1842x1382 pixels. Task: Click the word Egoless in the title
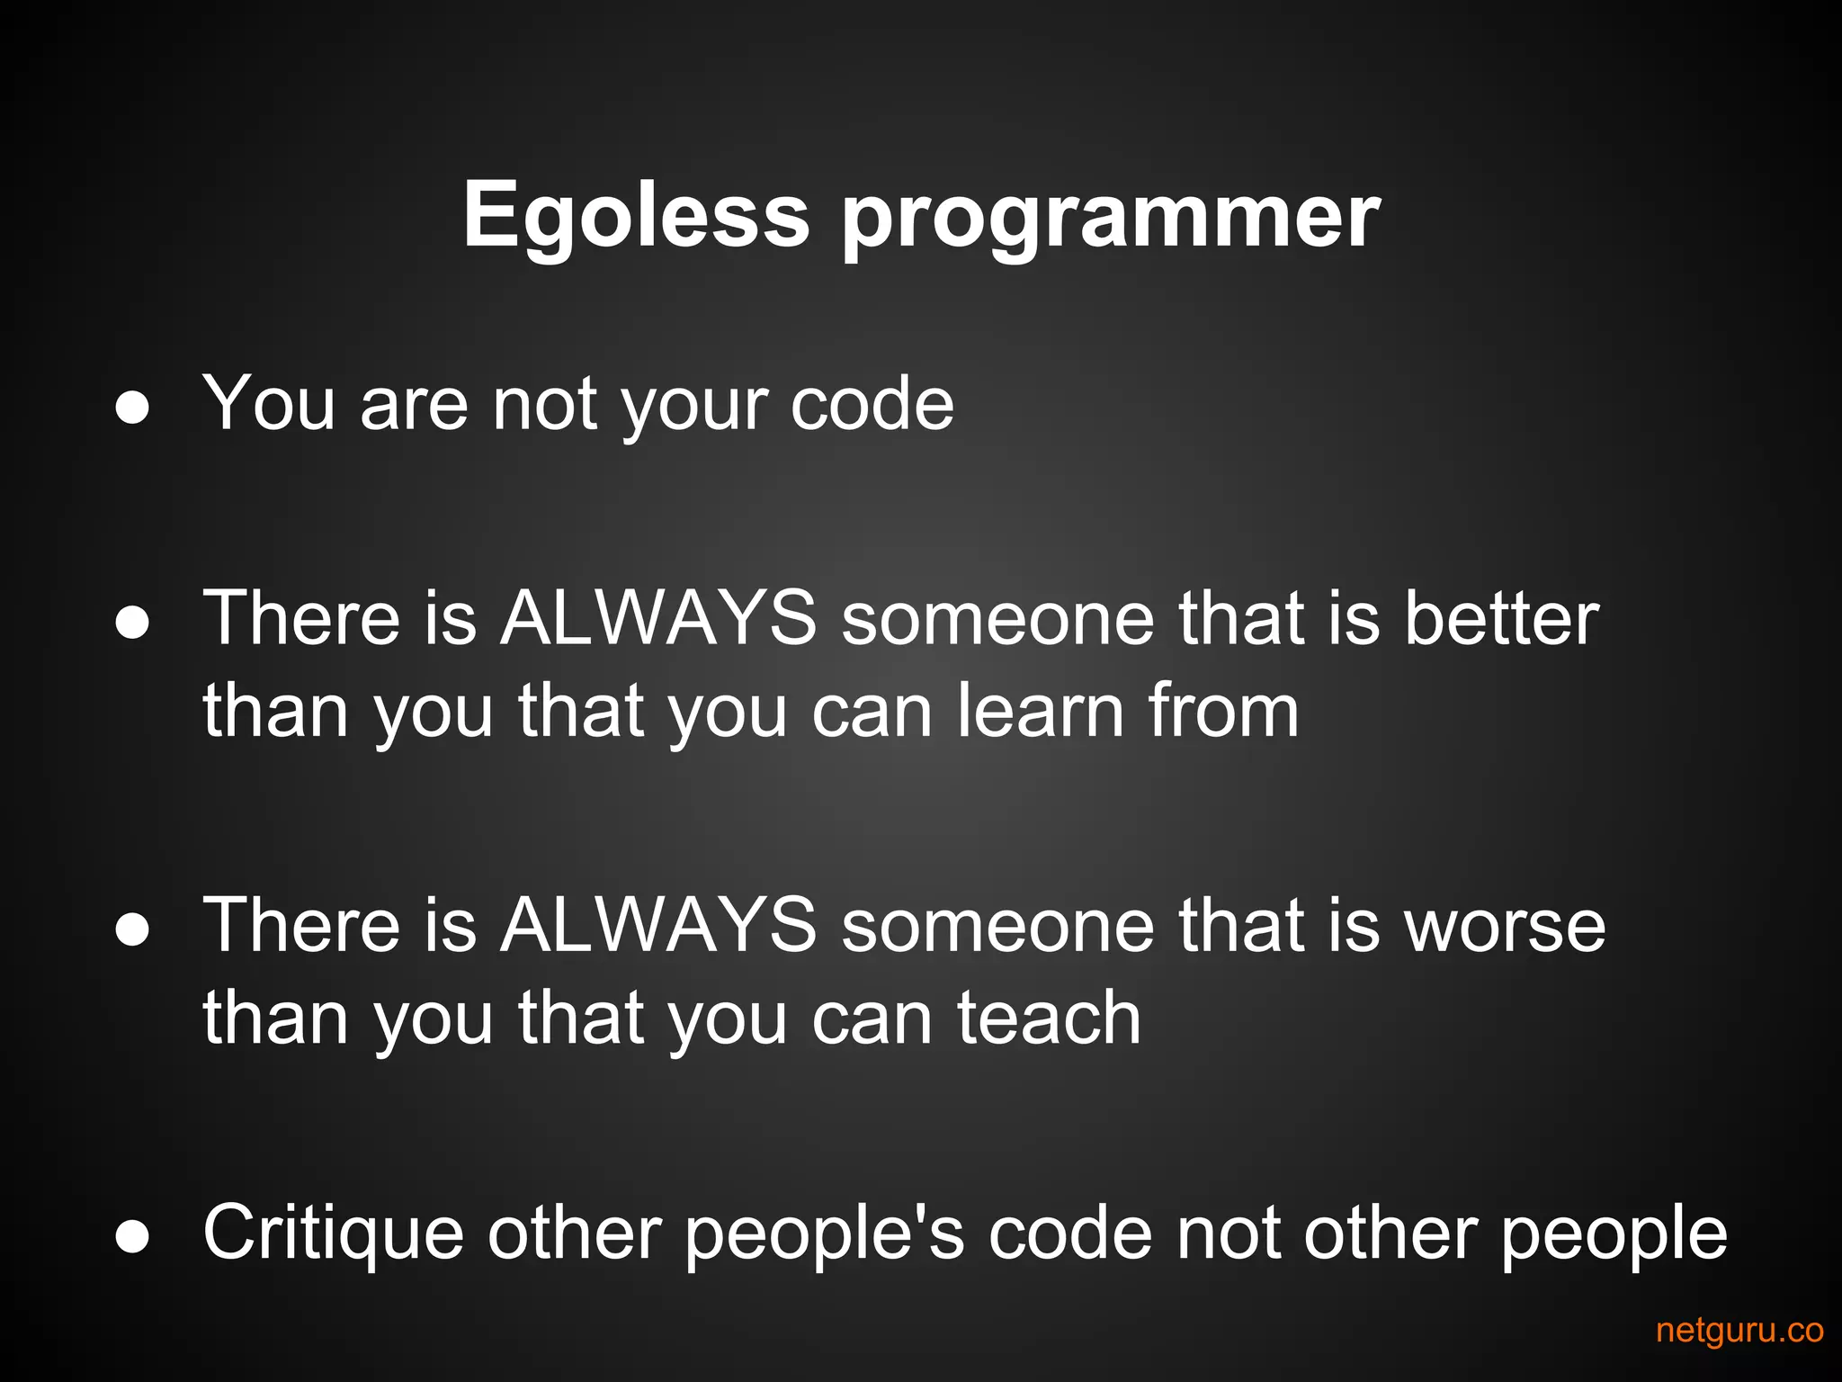[x=636, y=216]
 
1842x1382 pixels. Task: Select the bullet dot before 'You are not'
[x=132, y=408]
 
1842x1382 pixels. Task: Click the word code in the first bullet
[x=872, y=404]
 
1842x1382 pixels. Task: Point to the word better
[x=1501, y=619]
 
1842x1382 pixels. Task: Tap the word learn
[x=1040, y=711]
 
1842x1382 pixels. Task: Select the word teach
[x=1049, y=1018]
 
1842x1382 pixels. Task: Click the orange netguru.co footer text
[x=1739, y=1330]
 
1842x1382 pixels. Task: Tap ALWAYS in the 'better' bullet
[x=658, y=619]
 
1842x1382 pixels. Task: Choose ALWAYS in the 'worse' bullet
[x=658, y=927]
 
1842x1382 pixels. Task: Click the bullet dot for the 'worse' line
[x=132, y=931]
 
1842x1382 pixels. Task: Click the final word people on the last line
[x=1614, y=1234]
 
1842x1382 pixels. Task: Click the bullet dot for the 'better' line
[x=132, y=624]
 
